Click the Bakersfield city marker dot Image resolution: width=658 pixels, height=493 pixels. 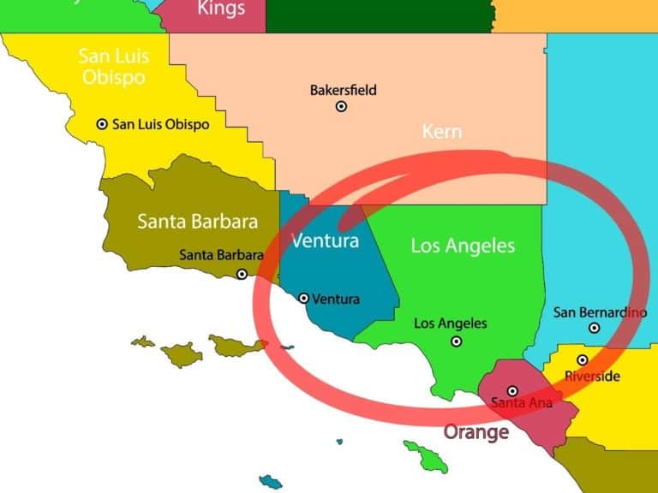point(341,107)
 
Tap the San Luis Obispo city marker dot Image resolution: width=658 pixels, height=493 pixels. point(102,124)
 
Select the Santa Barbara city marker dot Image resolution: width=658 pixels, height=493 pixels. point(242,274)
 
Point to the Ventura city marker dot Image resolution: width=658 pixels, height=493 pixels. point(303,299)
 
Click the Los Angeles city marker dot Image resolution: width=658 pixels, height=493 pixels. point(457,341)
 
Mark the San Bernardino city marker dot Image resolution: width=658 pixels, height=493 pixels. point(595,328)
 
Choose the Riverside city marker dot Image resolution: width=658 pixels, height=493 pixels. point(582,360)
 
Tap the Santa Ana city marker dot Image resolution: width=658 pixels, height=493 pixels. point(512,391)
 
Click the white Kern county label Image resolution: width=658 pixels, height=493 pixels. point(442,132)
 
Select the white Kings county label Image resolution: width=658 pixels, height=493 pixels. point(221,9)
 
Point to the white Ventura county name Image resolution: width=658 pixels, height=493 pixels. point(325,241)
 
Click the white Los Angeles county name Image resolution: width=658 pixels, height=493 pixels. point(463,246)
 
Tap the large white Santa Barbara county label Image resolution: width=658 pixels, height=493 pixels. point(197,222)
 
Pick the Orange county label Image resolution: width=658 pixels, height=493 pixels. point(476,432)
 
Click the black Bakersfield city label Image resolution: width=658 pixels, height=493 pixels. point(343,90)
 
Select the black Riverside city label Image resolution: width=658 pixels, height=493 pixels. point(592,377)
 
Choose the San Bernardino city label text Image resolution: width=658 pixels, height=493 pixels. point(600,312)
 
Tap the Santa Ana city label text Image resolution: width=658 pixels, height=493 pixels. point(521,402)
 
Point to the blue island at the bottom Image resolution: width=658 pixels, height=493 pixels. point(271,482)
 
